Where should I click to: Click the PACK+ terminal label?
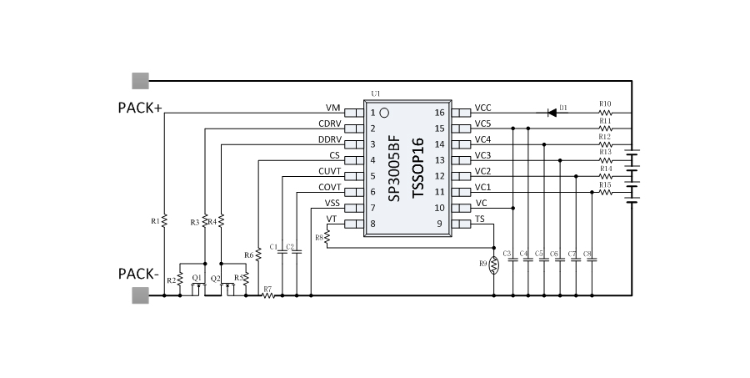pyautogui.click(x=140, y=108)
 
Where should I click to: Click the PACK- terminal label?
pyautogui.click(x=138, y=274)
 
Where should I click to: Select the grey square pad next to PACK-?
pyautogui.click(x=140, y=295)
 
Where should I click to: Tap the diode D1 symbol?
pyautogui.click(x=552, y=112)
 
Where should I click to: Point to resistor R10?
pyautogui.click(x=605, y=112)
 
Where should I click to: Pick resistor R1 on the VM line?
pyautogui.click(x=165, y=220)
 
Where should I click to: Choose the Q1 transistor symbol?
pyautogui.click(x=197, y=287)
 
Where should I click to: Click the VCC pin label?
pyautogui.click(x=482, y=108)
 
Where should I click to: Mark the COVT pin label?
pyautogui.click(x=328, y=188)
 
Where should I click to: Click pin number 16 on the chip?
pyautogui.click(x=441, y=112)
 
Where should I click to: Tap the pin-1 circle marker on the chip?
pyautogui.click(x=384, y=112)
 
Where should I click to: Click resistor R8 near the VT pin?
pyautogui.click(x=327, y=238)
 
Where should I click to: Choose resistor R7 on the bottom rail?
pyautogui.click(x=267, y=295)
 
